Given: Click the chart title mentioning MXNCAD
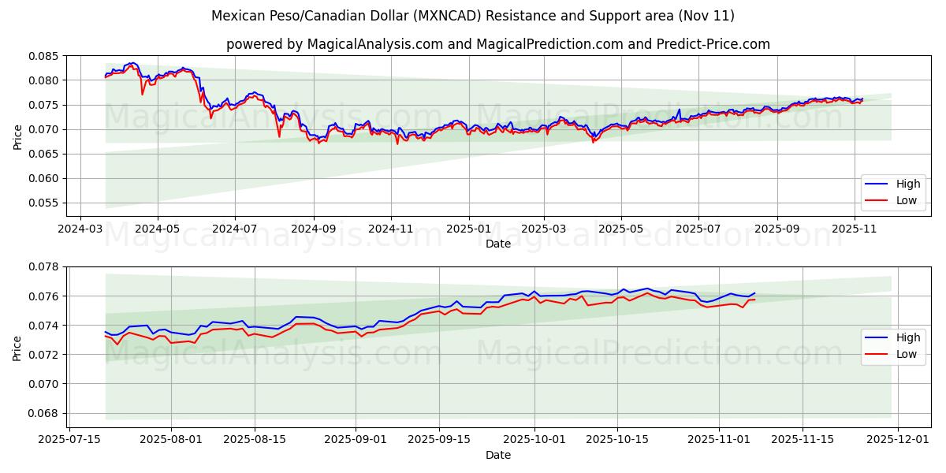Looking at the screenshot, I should click(473, 16).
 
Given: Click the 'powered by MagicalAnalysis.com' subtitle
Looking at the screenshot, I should click(498, 44).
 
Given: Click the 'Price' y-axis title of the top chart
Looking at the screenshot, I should click(17, 136).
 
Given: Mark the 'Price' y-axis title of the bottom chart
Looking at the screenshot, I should click(17, 347).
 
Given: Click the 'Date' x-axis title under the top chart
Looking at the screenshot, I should click(498, 244).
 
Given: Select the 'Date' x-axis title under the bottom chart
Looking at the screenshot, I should click(498, 455).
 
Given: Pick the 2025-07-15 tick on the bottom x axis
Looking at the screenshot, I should click(71, 438).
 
